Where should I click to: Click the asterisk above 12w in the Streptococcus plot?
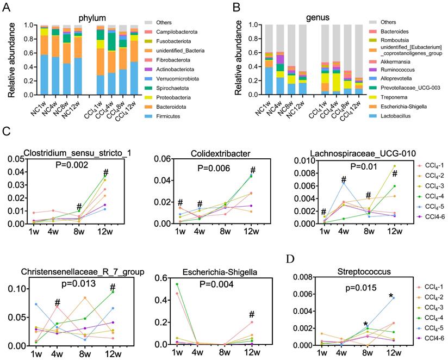[390, 296]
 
